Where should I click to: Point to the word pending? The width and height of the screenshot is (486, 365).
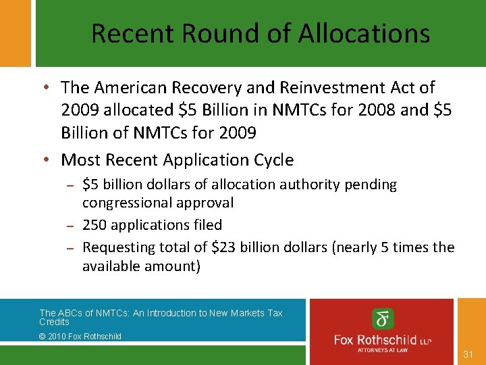[x=371, y=185]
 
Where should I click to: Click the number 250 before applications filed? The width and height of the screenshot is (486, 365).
[x=94, y=224]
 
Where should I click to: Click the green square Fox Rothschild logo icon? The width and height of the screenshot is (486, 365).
[x=383, y=318]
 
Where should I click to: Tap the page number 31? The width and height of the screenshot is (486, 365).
[x=470, y=354]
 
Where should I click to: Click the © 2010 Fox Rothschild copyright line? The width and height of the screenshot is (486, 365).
[x=80, y=336]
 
